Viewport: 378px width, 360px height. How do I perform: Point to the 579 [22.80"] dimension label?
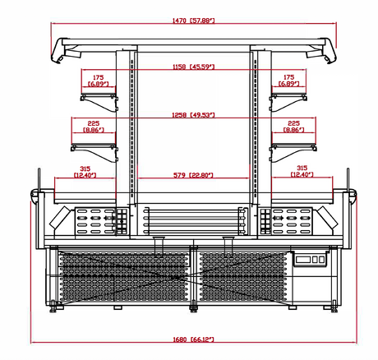point(194,174)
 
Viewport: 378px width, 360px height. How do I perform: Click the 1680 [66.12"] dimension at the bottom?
point(192,339)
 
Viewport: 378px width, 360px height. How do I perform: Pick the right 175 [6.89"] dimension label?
point(287,81)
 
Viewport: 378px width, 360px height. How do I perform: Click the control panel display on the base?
point(310,261)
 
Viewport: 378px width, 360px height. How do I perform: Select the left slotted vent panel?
point(94,220)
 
